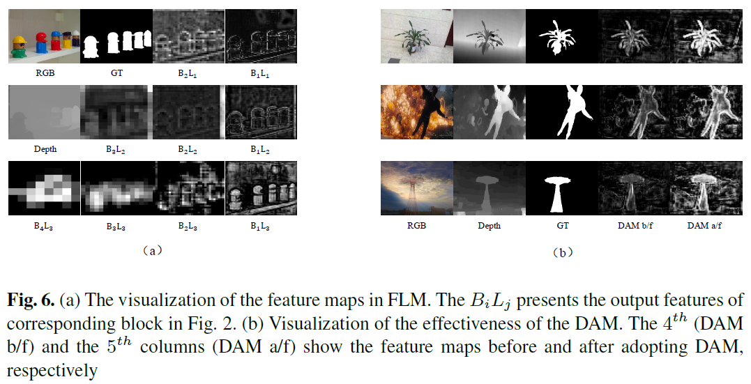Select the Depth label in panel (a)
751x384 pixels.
point(45,149)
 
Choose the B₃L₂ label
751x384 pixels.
point(116,149)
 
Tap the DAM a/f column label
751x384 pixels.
point(704,226)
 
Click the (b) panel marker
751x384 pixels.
point(562,252)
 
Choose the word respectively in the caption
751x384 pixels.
point(52,371)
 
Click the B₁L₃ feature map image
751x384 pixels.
point(261,188)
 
